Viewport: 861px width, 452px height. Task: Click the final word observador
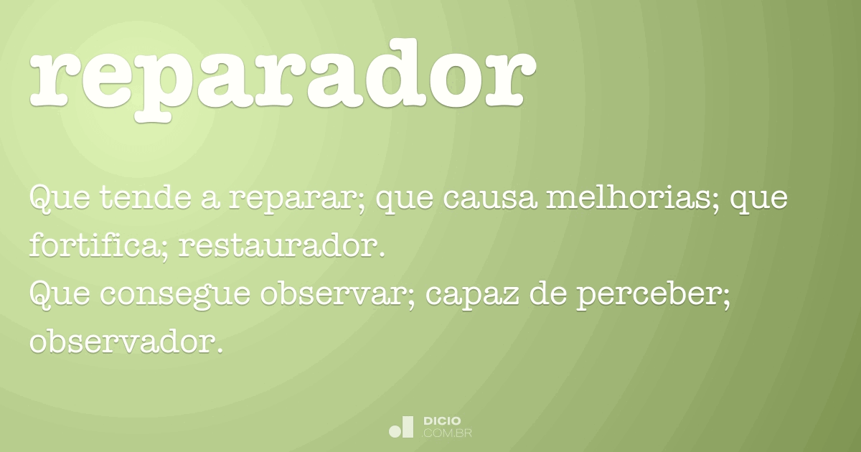point(123,342)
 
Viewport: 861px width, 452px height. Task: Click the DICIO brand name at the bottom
point(442,420)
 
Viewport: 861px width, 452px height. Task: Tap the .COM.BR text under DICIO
point(447,433)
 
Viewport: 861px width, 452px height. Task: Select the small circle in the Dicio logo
point(395,431)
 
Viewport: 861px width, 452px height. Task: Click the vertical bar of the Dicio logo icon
point(408,426)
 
